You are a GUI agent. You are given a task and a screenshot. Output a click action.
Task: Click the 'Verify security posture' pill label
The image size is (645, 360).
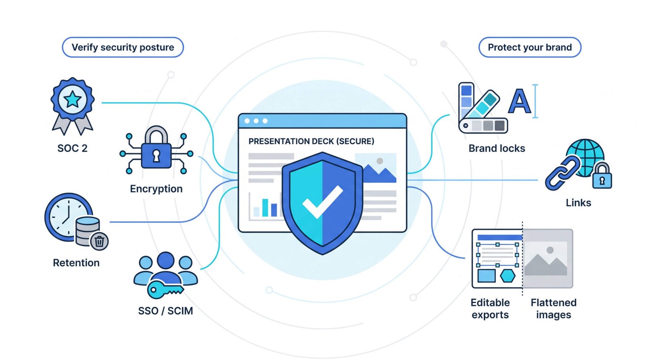pos(123,47)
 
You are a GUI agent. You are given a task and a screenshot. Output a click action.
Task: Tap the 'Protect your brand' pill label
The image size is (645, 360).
pos(530,47)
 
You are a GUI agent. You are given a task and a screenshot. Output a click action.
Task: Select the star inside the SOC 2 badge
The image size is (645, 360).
pos(72,99)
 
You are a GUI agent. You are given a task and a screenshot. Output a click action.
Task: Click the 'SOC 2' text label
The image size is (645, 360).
pos(72,148)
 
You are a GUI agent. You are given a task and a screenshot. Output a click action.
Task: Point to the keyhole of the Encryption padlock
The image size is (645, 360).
pos(156,156)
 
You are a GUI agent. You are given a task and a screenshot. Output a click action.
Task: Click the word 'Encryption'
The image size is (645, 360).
pos(156,189)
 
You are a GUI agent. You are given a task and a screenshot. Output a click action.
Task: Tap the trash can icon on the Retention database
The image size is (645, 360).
pos(99,241)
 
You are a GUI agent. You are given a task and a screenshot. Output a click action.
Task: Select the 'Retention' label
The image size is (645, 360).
pos(76,263)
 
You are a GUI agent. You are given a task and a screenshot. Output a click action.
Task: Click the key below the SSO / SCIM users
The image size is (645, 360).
pos(165,289)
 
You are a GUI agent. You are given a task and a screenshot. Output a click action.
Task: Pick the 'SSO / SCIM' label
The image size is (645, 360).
pos(166,311)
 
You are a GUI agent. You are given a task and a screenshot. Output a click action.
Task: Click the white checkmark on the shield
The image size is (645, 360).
pos(322,202)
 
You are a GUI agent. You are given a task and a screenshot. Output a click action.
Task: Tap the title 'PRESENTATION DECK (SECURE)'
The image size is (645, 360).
pos(311,142)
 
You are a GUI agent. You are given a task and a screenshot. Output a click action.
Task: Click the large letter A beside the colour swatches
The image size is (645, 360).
pos(520,101)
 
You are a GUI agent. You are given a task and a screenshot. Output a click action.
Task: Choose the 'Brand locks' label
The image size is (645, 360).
pos(497,149)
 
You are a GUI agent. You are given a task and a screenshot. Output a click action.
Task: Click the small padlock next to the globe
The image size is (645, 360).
pos(602,176)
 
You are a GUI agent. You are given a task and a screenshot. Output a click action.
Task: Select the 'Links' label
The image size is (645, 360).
pos(578,203)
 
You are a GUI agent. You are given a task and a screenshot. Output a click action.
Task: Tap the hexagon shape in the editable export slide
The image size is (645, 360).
pos(508,276)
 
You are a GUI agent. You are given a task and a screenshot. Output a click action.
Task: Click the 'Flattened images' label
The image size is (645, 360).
pos(553,309)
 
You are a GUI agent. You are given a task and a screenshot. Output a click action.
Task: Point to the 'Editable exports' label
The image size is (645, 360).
pos(490,309)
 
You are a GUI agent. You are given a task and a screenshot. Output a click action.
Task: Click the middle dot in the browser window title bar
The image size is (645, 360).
pos(256,121)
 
